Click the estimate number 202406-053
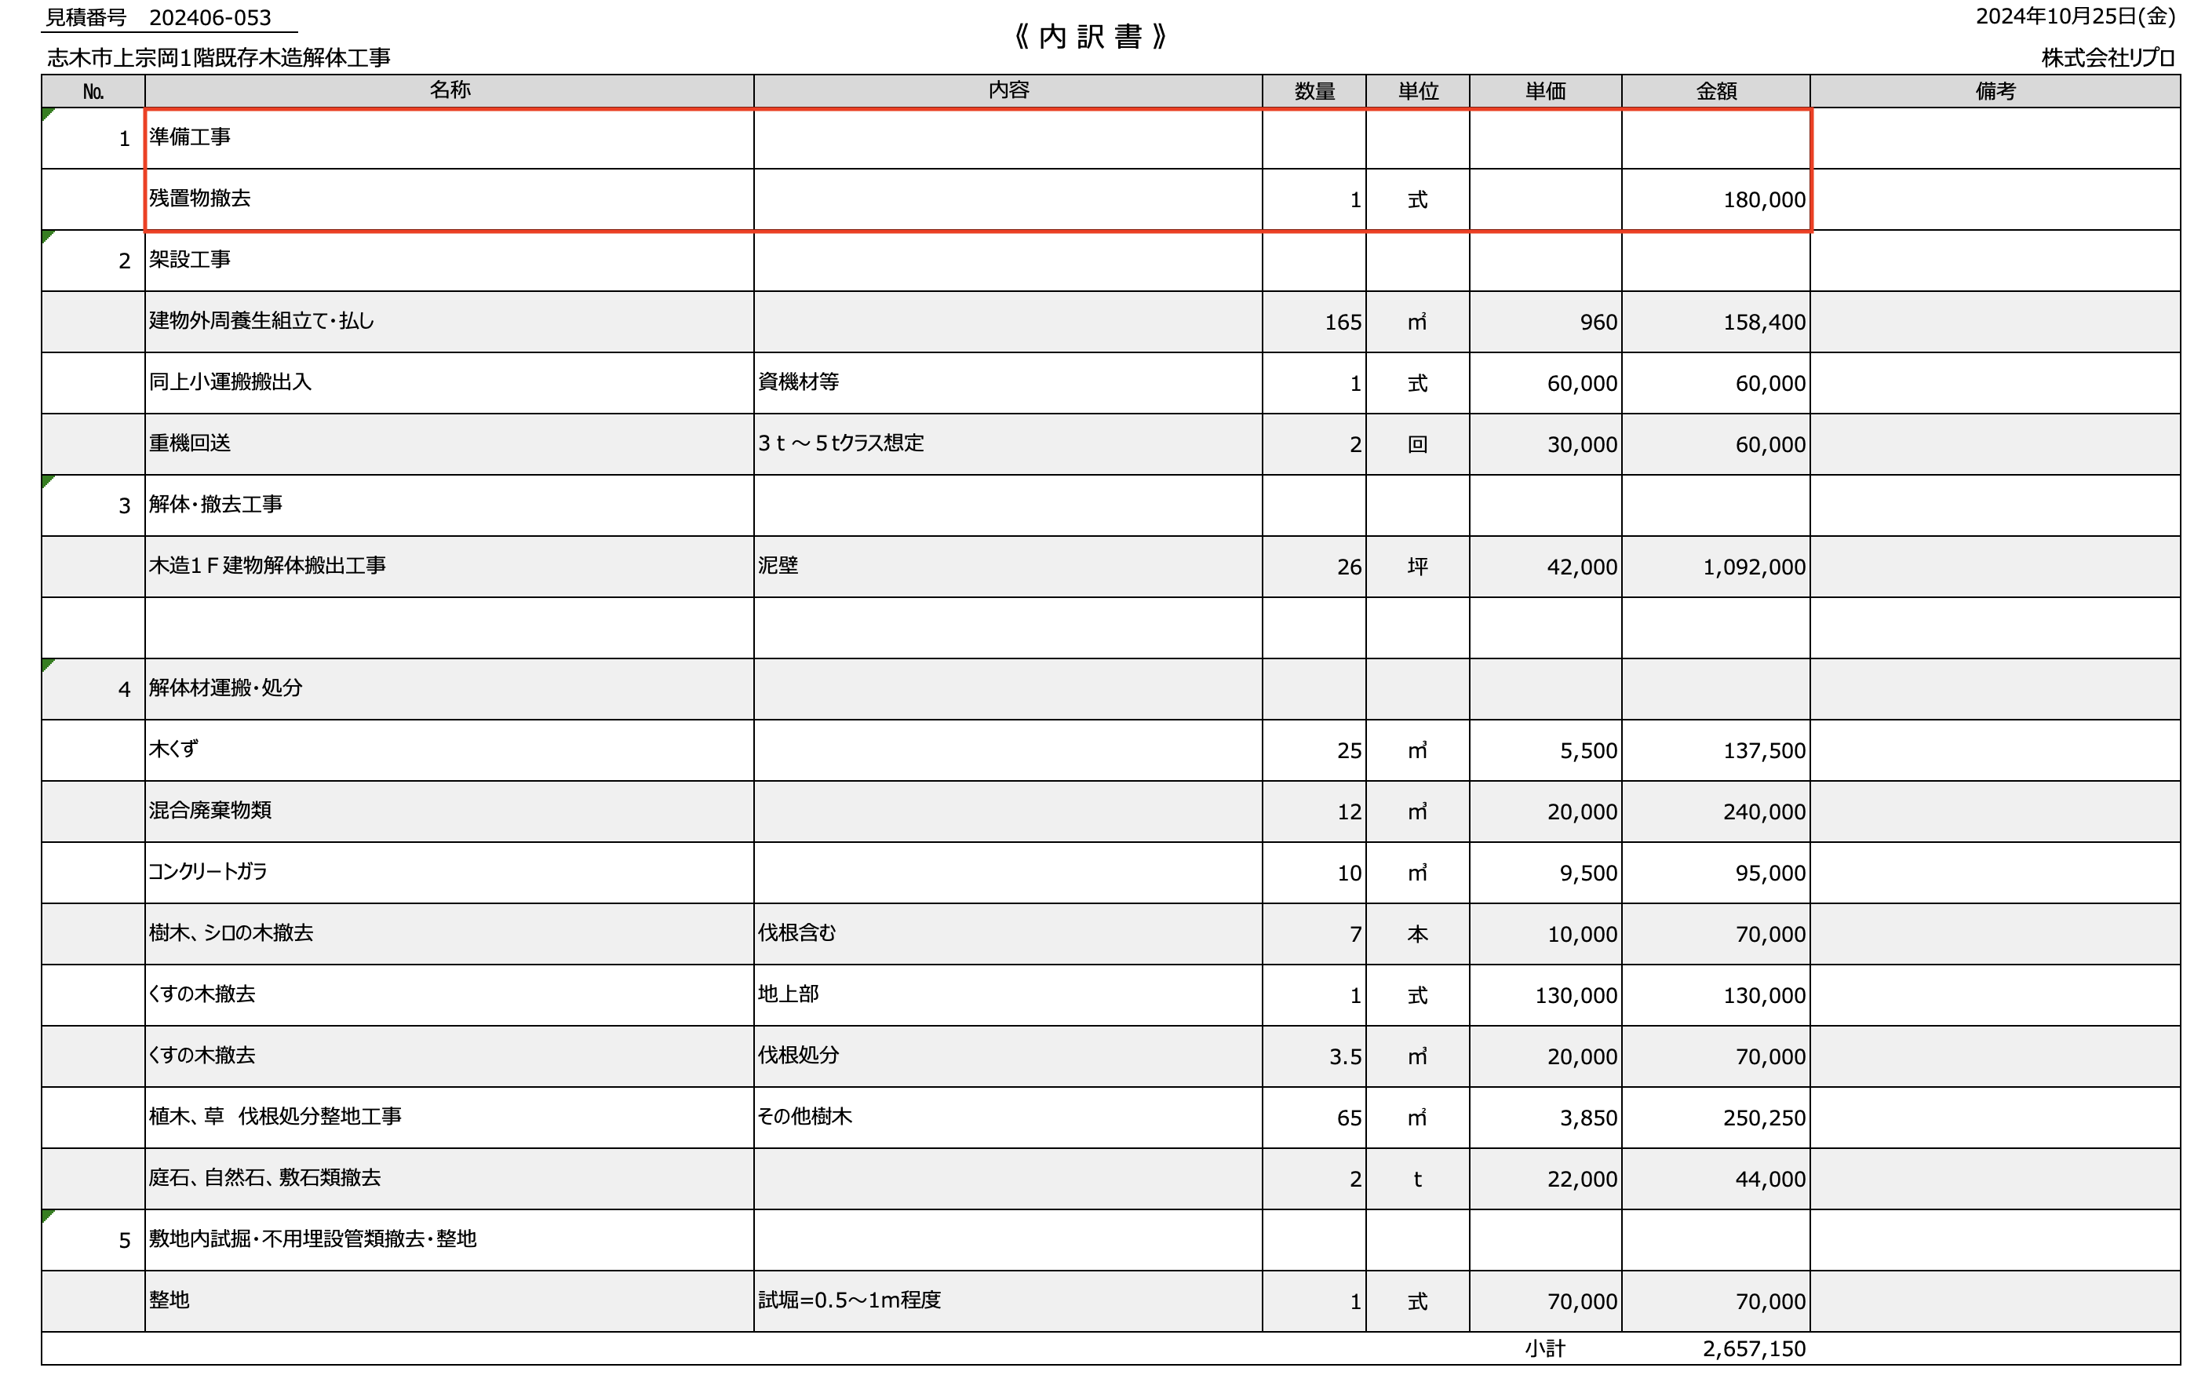[x=210, y=18]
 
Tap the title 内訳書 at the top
[x=1090, y=37]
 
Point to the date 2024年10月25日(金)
[x=2074, y=16]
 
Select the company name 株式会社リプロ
[x=2107, y=58]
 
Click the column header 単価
[x=1545, y=92]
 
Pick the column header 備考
[x=1995, y=92]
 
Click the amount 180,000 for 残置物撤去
[x=1764, y=199]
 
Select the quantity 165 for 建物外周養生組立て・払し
[x=1343, y=323]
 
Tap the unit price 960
[x=1598, y=323]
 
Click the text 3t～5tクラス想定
[x=840, y=443]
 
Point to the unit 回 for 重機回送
[x=1416, y=445]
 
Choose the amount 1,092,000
[x=1754, y=567]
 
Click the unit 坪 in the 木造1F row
[x=1416, y=567]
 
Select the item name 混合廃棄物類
[x=210, y=811]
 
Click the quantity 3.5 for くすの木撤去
[x=1344, y=1057]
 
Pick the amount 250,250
[x=1764, y=1118]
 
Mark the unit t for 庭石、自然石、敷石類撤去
[x=1416, y=1180]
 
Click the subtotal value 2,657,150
[x=1754, y=1349]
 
